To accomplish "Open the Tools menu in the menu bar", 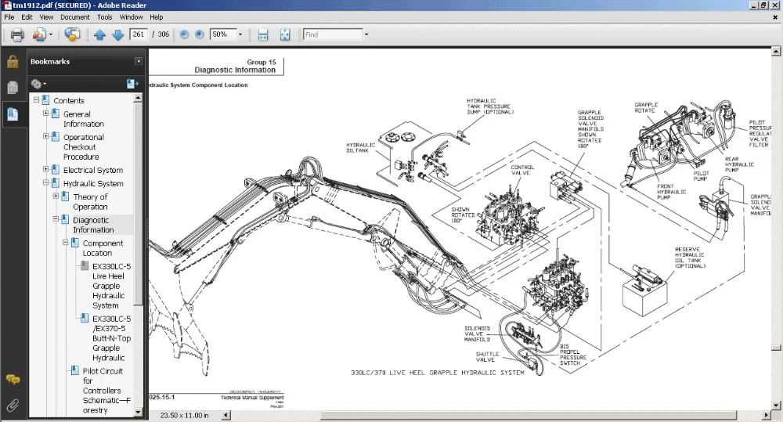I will click(x=105, y=16).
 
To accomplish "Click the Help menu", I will click(x=156, y=16).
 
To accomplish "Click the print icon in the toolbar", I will click(x=16, y=34).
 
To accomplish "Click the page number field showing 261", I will click(x=139, y=34).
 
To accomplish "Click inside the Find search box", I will click(x=332, y=34).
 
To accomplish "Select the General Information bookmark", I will click(x=83, y=119).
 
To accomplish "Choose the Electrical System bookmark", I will click(x=92, y=170).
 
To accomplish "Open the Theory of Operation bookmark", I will click(x=90, y=202).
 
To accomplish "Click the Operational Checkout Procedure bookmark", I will click(x=84, y=147).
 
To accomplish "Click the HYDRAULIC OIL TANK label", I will click(x=360, y=147).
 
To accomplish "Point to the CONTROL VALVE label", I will click(x=522, y=170).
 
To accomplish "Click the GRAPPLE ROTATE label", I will click(x=646, y=107).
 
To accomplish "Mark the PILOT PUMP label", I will click(x=701, y=176).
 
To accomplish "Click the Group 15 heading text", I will click(x=262, y=62).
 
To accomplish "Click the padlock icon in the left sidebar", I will click(x=13, y=62).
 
